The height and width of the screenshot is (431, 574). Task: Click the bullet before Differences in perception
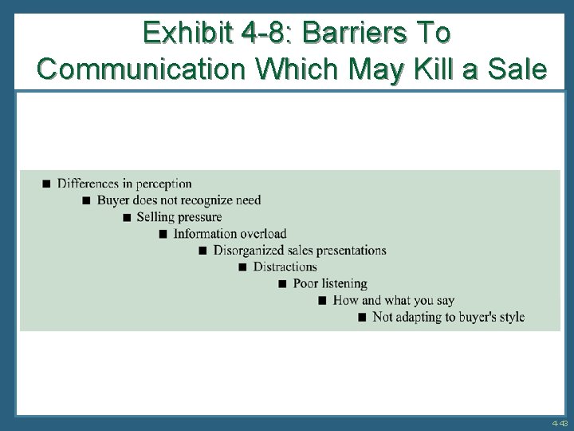coord(46,184)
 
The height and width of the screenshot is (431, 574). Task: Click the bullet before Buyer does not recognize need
coord(87,200)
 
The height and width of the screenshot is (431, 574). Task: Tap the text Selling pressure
coord(179,217)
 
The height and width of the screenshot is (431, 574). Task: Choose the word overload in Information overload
coord(261,234)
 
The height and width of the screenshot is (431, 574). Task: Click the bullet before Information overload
coord(163,234)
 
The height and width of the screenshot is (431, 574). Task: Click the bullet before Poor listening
coord(282,284)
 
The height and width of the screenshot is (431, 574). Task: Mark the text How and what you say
coord(393,301)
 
